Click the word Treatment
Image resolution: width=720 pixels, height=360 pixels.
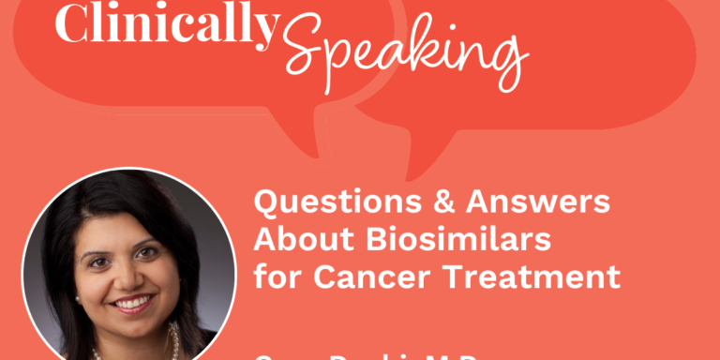click(528, 277)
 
